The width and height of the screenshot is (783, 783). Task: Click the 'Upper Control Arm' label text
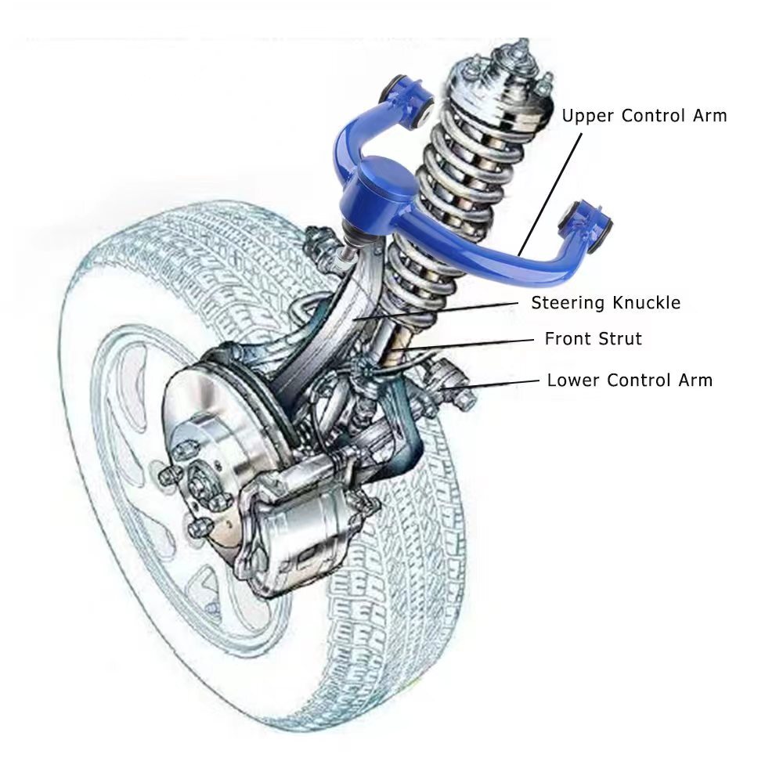(x=644, y=116)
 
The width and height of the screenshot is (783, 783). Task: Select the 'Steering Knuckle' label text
(x=606, y=302)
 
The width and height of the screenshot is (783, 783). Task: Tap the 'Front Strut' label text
(x=594, y=338)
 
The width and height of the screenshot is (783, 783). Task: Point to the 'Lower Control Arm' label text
(x=630, y=380)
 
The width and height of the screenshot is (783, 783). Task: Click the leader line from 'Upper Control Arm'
(x=550, y=194)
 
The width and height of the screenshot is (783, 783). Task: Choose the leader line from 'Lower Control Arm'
(x=492, y=384)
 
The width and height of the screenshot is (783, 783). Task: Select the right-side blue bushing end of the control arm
(x=590, y=222)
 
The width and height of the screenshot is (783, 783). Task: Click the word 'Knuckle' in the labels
(x=647, y=302)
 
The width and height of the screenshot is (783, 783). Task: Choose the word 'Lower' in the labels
(x=573, y=380)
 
